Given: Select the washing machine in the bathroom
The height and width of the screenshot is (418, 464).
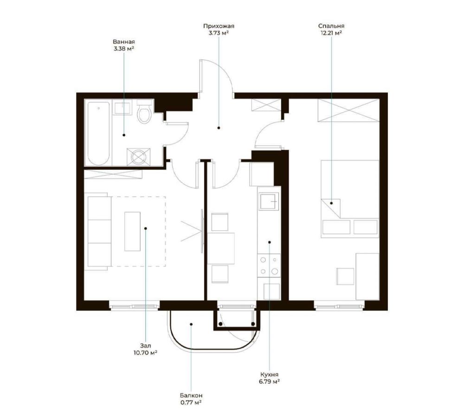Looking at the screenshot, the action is pos(138,157).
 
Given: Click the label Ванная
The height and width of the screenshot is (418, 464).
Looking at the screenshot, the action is pos(124,42).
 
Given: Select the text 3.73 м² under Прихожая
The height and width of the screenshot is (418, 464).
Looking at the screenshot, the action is pos(219,33).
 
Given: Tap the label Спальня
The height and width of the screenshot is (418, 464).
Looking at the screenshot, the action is pos(331,26).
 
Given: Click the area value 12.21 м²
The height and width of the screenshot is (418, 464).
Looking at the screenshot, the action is pos(331,33).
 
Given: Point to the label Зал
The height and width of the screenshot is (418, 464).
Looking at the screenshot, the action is pos(146,346).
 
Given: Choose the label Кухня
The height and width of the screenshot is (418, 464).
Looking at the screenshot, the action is pos(270,374).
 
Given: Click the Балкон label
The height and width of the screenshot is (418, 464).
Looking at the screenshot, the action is pos(191,396).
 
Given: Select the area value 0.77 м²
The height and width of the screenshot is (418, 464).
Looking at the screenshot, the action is pos(191,403).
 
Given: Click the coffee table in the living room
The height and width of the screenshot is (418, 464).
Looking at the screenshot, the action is pos(132,232).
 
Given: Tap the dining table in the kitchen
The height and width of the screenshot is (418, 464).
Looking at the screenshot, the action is pos(221,248).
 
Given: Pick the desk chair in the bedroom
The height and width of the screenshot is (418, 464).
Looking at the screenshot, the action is pos(345,277).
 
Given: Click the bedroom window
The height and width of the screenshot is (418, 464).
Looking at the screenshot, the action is pos(339,306).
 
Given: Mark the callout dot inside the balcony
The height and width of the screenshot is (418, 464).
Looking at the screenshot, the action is pos(191,324).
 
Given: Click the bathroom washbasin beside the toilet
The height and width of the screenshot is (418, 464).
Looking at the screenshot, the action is pos(123,108).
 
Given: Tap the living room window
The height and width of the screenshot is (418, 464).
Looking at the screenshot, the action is pos(135,306).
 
